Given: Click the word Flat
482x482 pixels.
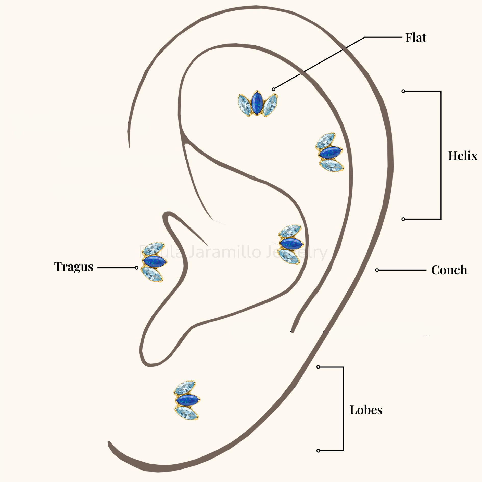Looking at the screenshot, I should click(x=416, y=38).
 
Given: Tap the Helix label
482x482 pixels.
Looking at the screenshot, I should click(x=463, y=156).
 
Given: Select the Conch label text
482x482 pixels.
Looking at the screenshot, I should click(x=449, y=270).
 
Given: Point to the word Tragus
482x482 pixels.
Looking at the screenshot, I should click(x=74, y=267).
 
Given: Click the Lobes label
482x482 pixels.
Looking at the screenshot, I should click(x=366, y=410).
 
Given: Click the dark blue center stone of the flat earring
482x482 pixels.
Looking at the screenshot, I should click(x=257, y=103).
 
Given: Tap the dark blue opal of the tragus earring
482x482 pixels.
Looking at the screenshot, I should click(x=154, y=261).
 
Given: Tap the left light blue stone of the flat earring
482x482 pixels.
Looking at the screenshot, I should click(x=245, y=105).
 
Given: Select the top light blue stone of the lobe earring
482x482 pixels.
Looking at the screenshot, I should click(x=185, y=388).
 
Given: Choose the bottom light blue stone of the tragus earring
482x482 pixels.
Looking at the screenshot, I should click(x=152, y=274).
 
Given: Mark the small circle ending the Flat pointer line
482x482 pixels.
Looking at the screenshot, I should click(x=273, y=89).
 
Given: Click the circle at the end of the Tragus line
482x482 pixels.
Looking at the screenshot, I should click(x=137, y=268).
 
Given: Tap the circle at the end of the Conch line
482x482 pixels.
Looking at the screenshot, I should click(x=377, y=270).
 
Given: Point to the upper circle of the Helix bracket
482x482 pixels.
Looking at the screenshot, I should click(x=403, y=91).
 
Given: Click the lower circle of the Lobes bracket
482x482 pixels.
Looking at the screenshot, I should click(x=318, y=451).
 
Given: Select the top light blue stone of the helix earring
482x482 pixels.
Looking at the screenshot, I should click(x=325, y=140).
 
